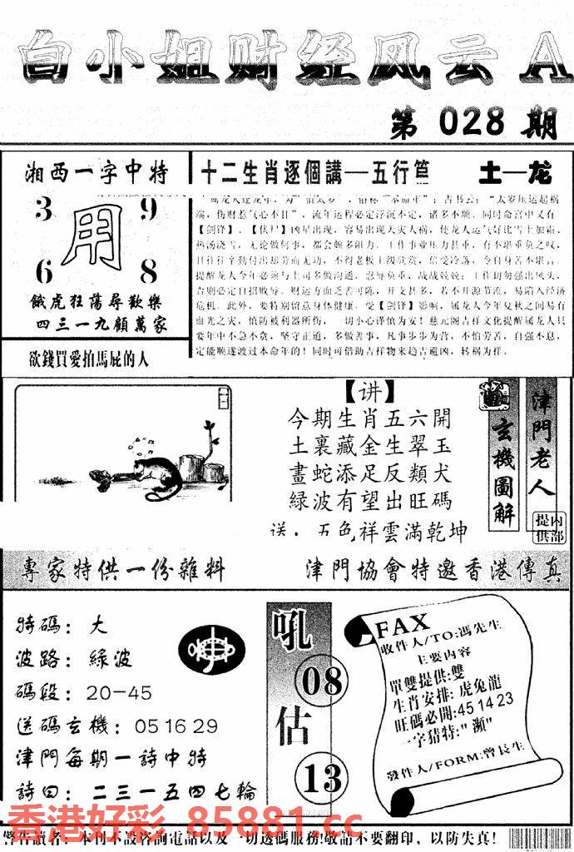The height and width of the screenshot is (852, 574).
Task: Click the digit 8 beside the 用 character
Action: tap(150, 271)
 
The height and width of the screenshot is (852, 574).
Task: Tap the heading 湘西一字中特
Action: tap(96, 173)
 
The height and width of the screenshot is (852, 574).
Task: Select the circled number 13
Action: tap(321, 779)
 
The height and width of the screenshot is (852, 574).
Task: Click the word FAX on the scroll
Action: tap(403, 623)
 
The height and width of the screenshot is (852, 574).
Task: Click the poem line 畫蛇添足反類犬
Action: tap(369, 472)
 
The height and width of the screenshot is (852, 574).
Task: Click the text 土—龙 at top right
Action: tap(516, 174)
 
